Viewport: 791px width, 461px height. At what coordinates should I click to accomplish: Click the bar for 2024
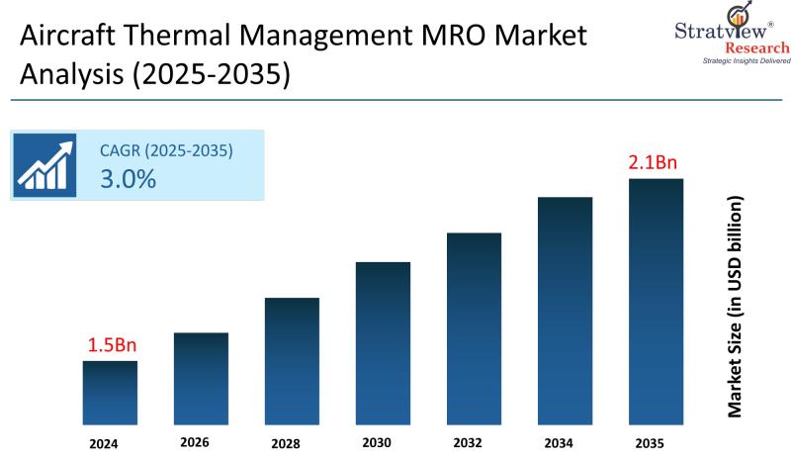click(x=110, y=393)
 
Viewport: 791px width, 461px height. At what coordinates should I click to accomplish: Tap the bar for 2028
click(x=292, y=361)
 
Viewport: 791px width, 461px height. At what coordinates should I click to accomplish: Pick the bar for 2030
click(x=383, y=343)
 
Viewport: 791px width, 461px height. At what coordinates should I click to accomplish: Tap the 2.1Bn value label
click(x=656, y=162)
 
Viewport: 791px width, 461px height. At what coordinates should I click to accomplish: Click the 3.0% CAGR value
click(x=128, y=179)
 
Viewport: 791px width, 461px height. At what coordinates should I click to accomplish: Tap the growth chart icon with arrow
click(x=45, y=165)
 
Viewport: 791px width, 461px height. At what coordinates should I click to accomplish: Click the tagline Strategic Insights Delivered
click(x=746, y=61)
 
